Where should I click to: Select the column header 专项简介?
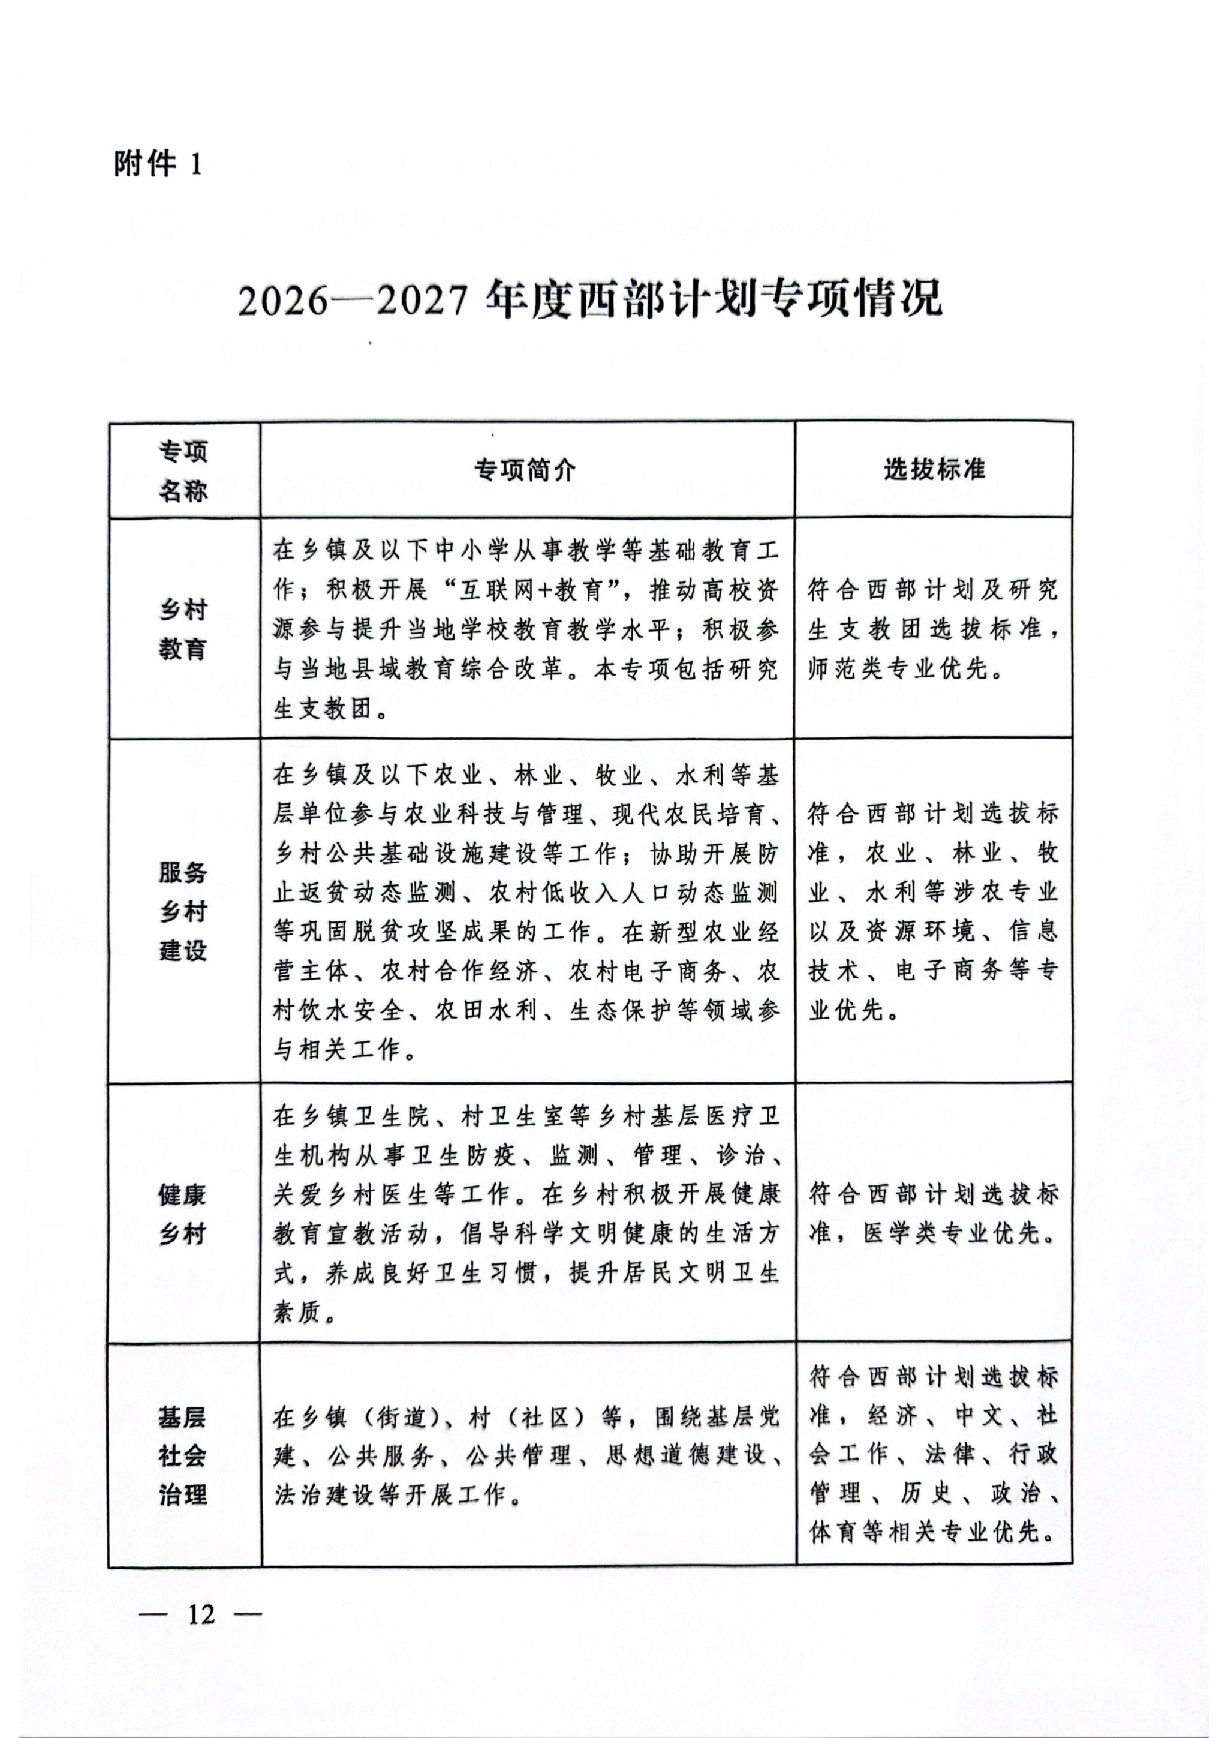[526, 471]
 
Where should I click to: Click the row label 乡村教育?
[183, 629]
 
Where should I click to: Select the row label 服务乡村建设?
[183, 911]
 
